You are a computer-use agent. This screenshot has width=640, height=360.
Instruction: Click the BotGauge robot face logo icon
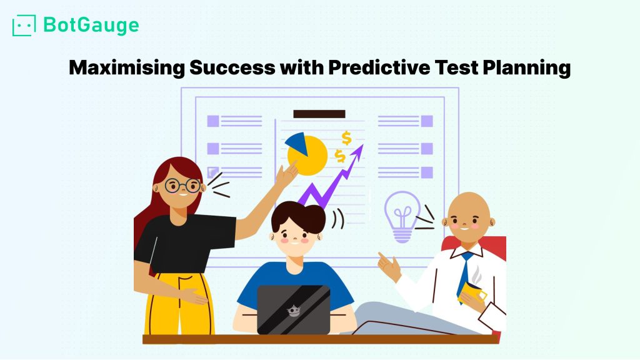point(24,25)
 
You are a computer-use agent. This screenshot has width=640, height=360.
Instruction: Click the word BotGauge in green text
point(91,25)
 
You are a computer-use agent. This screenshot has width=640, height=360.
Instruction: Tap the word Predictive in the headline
point(379,67)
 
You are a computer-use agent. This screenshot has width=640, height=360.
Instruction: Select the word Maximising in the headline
point(126,67)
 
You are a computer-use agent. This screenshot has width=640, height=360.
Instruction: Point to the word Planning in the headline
point(526,67)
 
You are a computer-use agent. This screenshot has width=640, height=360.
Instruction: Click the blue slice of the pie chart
point(297,143)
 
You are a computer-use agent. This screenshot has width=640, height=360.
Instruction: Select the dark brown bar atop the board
point(319,114)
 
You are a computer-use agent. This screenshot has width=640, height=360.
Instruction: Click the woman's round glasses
point(183,186)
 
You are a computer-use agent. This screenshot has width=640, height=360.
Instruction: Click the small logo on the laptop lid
point(294,311)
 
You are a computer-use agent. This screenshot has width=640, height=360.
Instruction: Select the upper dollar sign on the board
point(346,138)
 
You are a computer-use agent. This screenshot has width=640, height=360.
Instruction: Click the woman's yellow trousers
point(179,304)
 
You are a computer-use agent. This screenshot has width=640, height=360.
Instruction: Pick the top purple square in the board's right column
point(427,121)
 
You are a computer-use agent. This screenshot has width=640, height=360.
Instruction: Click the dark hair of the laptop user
point(298,216)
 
